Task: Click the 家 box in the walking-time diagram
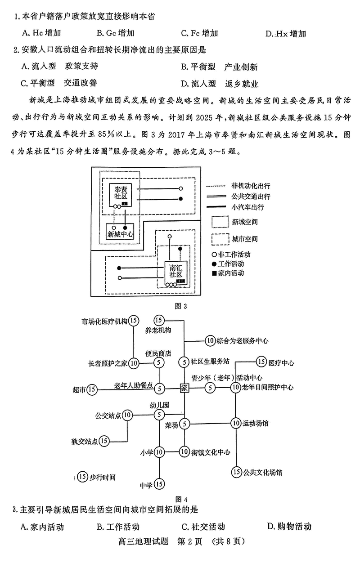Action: [x=184, y=388]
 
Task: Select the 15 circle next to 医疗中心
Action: [x=261, y=362]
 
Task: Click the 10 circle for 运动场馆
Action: [x=236, y=423]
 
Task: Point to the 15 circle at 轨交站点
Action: [x=104, y=441]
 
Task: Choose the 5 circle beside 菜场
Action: [x=184, y=424]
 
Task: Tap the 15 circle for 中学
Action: [x=159, y=484]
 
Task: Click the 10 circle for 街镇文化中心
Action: [x=184, y=451]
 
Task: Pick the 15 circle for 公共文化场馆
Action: [x=236, y=472]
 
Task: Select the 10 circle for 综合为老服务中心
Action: [x=210, y=340]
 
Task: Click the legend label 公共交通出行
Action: [x=251, y=197]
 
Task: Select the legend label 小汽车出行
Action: [x=247, y=207]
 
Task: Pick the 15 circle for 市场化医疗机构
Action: [x=133, y=321]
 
